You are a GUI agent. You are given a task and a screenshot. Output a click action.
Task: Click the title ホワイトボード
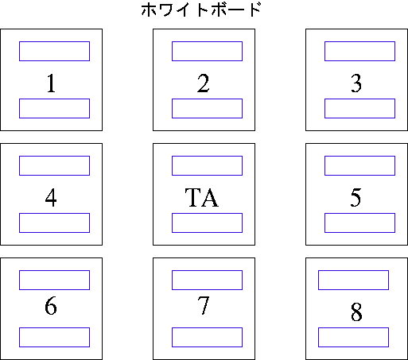(x=201, y=10)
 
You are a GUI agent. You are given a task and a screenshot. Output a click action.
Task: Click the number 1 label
(x=52, y=83)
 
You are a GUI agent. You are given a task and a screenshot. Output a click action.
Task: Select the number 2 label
(x=204, y=83)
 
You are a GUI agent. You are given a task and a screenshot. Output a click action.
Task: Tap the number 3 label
(x=356, y=83)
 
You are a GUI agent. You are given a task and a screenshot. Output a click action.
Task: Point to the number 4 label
(x=51, y=198)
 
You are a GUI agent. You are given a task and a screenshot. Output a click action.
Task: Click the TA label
(x=202, y=197)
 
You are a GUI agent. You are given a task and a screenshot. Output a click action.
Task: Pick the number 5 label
(x=356, y=198)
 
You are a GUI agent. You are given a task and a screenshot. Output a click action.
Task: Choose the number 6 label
(x=51, y=306)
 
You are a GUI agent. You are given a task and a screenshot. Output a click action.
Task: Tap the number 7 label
(x=204, y=306)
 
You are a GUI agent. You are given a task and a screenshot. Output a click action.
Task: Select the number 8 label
(x=356, y=312)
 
